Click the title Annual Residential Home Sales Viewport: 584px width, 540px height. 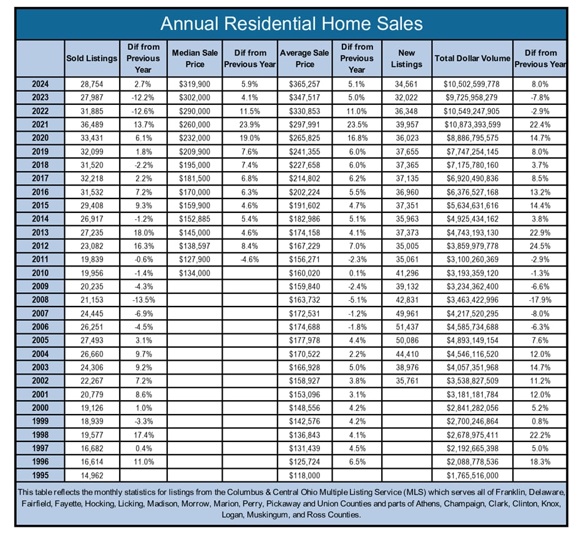[291, 24]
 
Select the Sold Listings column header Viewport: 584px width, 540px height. [92, 59]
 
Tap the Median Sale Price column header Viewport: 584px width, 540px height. [195, 59]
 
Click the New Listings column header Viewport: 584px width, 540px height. [406, 59]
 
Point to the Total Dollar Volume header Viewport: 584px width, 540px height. [472, 59]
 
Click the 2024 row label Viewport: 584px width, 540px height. [40, 84]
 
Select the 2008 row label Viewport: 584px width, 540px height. [40, 300]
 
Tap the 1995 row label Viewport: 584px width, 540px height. [40, 475]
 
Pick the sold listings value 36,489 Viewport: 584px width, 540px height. [92, 124]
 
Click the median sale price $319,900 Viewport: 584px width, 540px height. [195, 84]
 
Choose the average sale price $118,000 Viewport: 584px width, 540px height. [304, 476]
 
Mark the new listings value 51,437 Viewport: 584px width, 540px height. [407, 327]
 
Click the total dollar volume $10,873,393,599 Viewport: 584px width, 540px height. [472, 124]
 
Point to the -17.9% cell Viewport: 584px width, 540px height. [540, 300]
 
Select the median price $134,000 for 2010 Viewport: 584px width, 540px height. [195, 273]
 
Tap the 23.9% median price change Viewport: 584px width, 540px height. [250, 124]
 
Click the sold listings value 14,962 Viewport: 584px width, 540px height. [92, 476]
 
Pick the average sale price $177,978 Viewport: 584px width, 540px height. [304, 340]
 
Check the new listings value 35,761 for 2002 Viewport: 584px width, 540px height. [407, 381]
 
